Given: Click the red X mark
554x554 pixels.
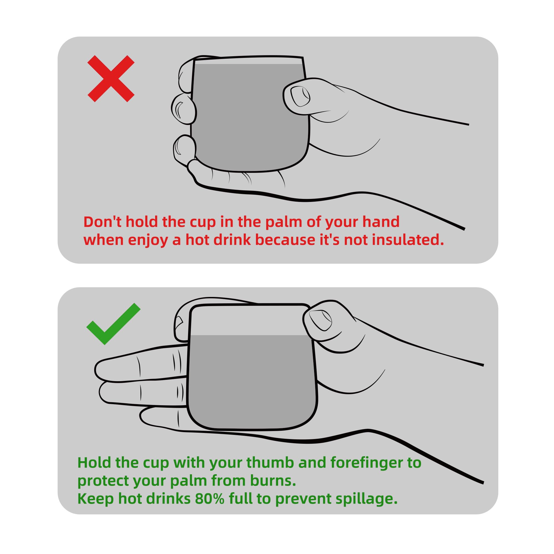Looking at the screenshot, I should point(111,79).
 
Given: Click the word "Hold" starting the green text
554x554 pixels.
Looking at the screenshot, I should point(94,463).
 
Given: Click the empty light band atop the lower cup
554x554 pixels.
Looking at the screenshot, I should point(250,320).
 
